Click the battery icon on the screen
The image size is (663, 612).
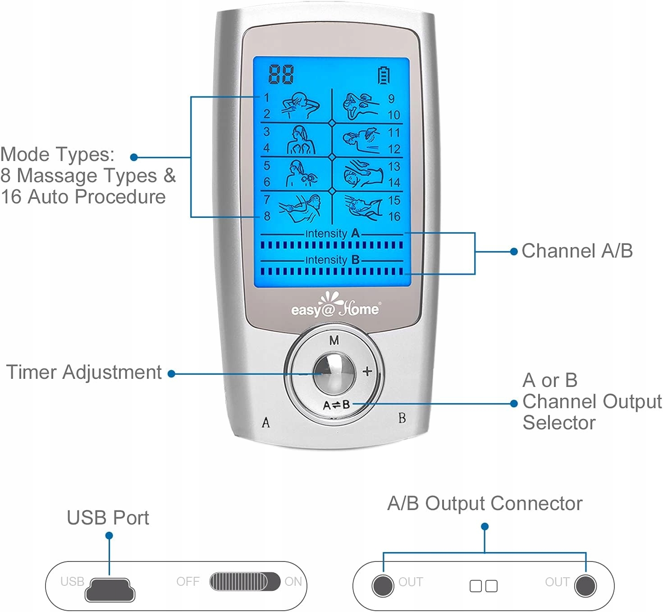click(384, 76)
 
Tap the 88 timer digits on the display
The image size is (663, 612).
click(281, 74)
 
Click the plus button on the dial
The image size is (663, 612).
click(367, 371)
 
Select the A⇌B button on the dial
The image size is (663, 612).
click(336, 405)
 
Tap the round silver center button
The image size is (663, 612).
click(334, 373)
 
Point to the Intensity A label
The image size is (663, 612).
click(332, 234)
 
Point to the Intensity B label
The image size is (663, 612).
click(332, 260)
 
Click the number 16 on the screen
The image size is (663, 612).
click(394, 217)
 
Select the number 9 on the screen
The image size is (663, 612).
click(391, 99)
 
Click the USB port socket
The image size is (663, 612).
click(110, 589)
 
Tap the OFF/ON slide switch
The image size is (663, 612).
click(245, 582)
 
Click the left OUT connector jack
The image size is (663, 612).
click(383, 586)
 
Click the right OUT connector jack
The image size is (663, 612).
click(585, 586)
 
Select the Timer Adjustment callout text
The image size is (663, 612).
click(84, 373)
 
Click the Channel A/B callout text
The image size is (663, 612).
click(577, 251)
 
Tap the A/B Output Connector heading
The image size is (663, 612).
click(485, 503)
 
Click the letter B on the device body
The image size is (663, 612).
click(402, 418)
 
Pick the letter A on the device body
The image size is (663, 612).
click(266, 423)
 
